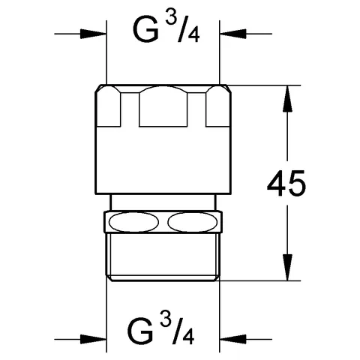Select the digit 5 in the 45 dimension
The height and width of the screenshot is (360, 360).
298,184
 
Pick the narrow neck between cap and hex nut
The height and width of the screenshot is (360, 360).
163,203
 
